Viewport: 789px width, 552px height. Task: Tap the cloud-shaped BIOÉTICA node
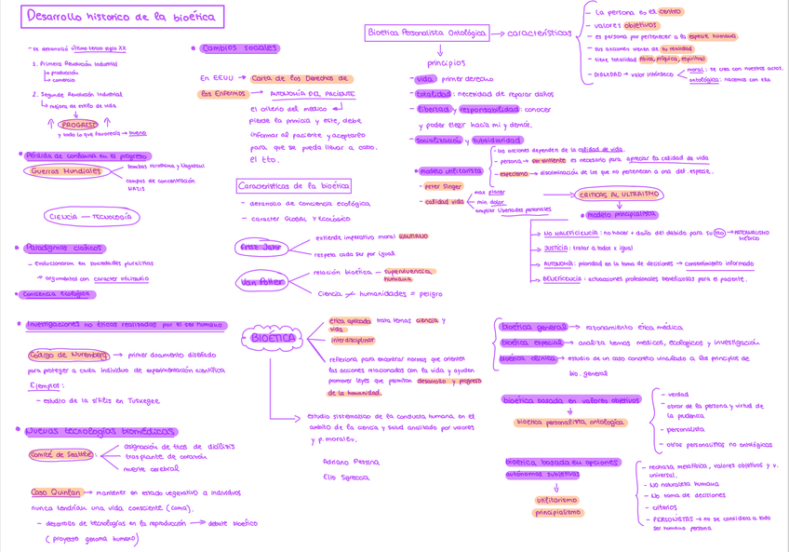(274, 338)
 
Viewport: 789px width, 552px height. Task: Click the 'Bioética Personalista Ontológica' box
(428, 33)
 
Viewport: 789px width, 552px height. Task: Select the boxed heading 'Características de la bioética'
(293, 185)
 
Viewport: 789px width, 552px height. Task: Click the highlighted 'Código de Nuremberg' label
(69, 355)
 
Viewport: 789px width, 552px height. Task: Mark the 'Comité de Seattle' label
(60, 454)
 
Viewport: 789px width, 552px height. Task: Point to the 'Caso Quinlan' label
(56, 492)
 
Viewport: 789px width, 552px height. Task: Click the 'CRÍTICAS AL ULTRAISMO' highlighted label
(619, 195)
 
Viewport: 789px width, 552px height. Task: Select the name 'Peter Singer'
(443, 186)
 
